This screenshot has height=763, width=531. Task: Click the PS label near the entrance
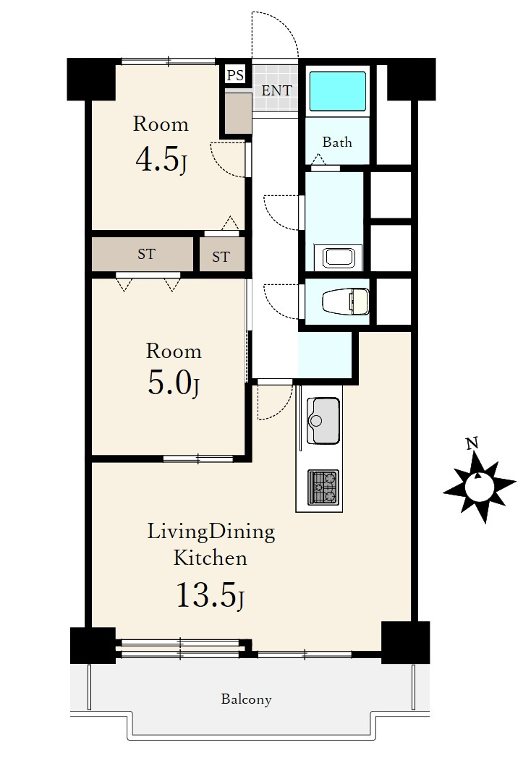point(236,75)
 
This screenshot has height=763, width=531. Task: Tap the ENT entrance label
point(276,90)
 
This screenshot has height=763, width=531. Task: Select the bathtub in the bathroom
point(338,91)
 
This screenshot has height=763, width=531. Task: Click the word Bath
point(337,142)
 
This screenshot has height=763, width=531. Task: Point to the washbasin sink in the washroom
point(338,257)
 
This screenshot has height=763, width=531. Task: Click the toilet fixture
point(345,301)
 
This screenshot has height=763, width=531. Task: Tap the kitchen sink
point(323,420)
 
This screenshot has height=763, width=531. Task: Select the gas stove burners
point(323,487)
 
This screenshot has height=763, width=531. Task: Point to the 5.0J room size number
point(174,383)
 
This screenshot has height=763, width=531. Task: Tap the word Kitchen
point(211,558)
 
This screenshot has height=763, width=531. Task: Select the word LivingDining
point(211,532)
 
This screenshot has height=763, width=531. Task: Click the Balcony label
point(246,699)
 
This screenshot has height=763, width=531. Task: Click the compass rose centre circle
point(479,487)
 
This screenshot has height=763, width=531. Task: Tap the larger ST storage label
point(146,254)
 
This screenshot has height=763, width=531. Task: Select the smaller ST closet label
point(221,257)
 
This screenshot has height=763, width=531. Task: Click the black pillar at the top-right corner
point(411,80)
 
